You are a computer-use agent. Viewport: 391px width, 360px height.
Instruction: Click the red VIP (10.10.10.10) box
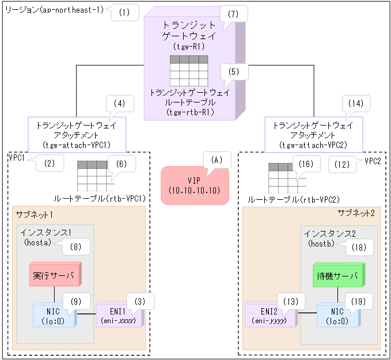click(195, 185)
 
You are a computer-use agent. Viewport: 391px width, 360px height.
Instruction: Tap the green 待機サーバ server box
click(337, 276)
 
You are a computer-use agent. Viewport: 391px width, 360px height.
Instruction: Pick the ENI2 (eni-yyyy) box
click(270, 314)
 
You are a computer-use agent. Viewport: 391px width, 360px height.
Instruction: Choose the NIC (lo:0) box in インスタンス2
click(337, 314)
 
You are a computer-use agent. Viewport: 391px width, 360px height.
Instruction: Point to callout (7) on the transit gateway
click(233, 14)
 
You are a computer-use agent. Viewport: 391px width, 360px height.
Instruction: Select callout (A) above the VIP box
click(217, 160)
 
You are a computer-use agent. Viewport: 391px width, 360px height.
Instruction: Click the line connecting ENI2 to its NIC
click(307, 314)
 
